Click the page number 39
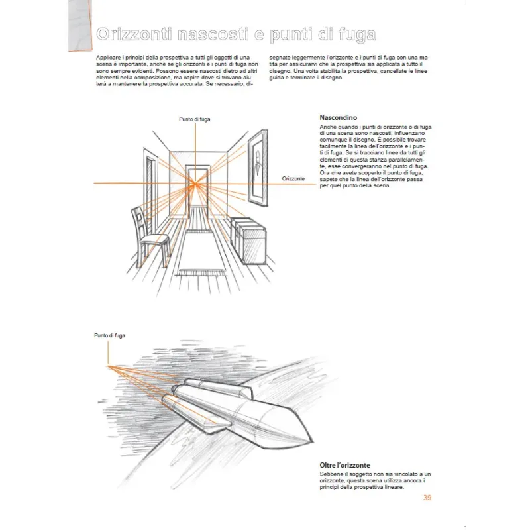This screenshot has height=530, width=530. point(427,498)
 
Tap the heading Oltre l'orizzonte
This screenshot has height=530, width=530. point(346,465)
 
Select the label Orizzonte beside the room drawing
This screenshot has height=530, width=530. point(293,179)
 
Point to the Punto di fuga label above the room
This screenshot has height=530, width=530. point(194,119)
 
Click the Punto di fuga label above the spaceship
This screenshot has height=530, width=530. point(109,336)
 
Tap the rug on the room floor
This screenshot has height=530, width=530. point(199,252)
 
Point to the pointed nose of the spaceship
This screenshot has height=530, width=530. point(307,438)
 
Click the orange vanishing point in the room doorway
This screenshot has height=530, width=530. point(195,182)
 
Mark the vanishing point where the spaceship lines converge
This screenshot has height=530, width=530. point(107,365)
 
